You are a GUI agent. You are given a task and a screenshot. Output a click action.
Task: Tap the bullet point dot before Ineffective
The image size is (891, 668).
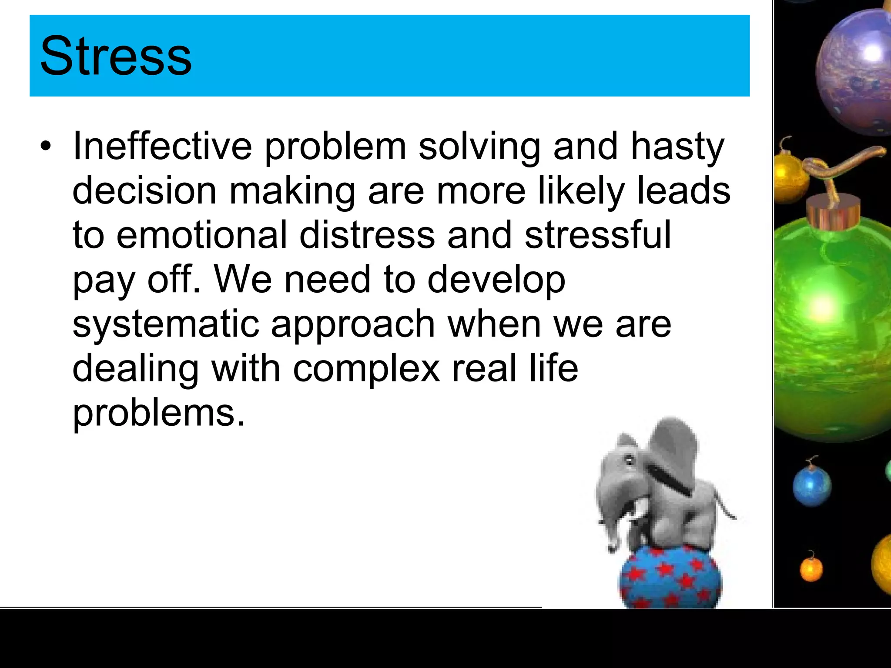pyautogui.click(x=45, y=147)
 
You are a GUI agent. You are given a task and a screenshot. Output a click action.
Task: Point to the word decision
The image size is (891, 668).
pyautogui.click(x=144, y=191)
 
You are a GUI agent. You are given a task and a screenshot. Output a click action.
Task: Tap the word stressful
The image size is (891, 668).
pyautogui.click(x=598, y=235)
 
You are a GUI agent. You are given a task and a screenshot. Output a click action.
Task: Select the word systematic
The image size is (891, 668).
pyautogui.click(x=165, y=324)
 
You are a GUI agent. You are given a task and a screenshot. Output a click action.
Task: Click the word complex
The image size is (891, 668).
pyautogui.click(x=366, y=369)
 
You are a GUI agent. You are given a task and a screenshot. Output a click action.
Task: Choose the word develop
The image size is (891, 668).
pyautogui.click(x=496, y=281)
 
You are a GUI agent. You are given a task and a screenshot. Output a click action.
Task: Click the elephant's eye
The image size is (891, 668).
pyautogui.click(x=628, y=459)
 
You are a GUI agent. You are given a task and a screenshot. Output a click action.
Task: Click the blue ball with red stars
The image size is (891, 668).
pyautogui.click(x=670, y=578)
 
